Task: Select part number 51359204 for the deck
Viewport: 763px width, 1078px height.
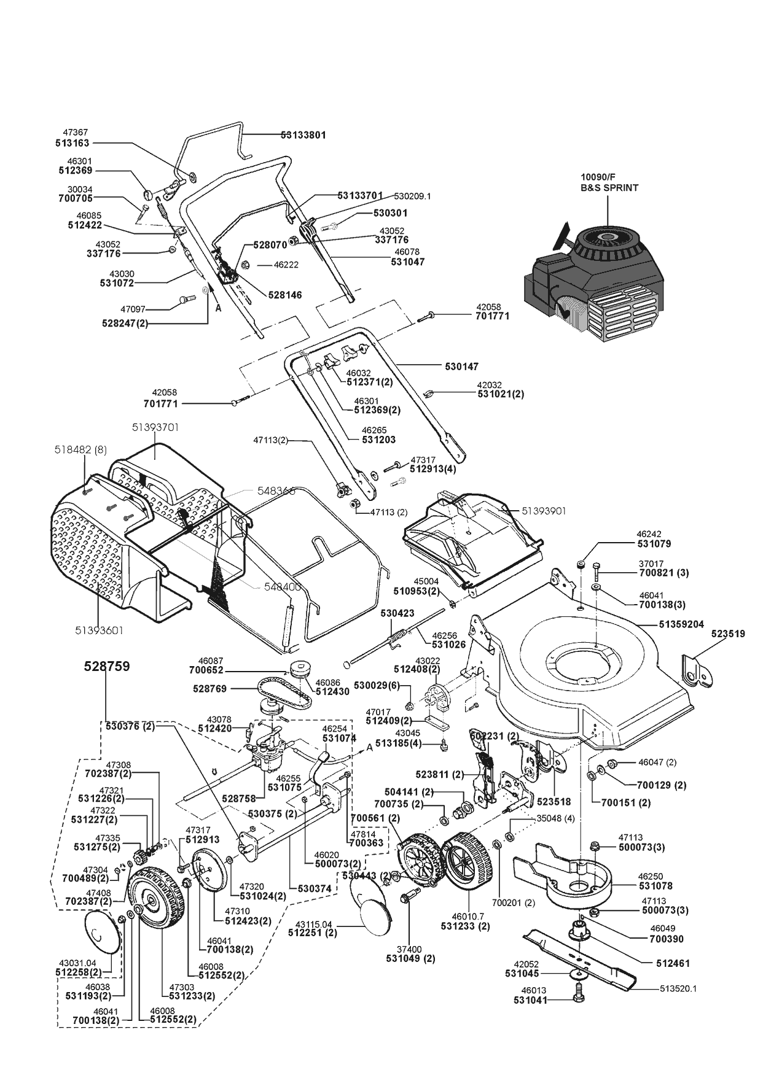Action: click(681, 624)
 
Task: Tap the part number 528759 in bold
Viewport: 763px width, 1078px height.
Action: click(107, 666)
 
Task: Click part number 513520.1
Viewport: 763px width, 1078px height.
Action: click(678, 988)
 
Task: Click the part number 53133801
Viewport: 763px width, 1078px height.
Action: click(303, 134)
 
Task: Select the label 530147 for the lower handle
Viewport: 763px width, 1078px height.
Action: click(461, 366)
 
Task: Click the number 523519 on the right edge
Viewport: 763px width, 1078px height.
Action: click(728, 634)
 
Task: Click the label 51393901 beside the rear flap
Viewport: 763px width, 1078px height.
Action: click(544, 511)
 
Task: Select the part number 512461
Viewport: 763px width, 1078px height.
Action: click(674, 963)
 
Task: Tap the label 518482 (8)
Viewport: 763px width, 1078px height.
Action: click(84, 450)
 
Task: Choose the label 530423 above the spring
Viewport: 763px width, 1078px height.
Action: click(397, 613)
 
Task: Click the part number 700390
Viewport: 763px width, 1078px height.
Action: click(667, 939)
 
